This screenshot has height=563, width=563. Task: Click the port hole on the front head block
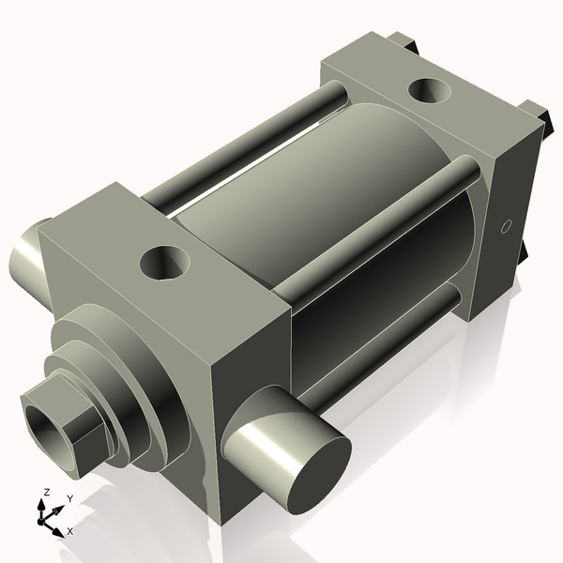point(165,262)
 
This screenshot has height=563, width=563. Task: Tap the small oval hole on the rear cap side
point(506,226)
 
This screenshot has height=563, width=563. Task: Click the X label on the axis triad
point(69,531)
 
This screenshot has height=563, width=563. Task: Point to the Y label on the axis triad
point(70,498)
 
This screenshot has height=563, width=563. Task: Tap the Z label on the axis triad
point(46,493)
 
